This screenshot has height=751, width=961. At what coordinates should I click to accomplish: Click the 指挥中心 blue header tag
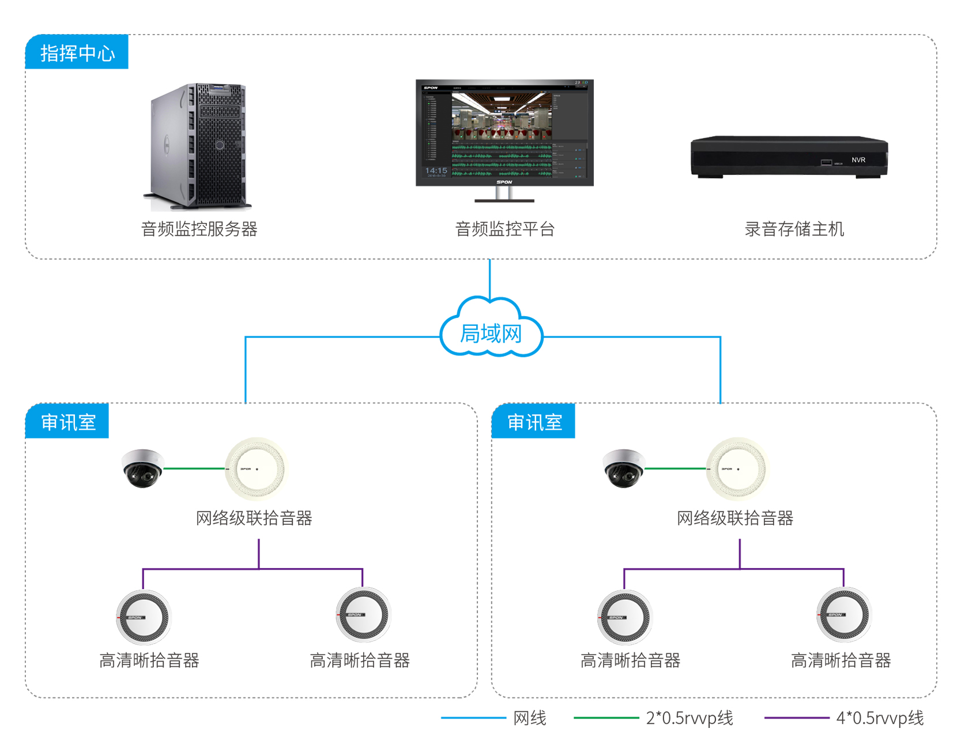coord(77,52)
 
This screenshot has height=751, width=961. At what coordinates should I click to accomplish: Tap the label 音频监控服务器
coord(199,229)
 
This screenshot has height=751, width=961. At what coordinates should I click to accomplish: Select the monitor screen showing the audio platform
coord(504,133)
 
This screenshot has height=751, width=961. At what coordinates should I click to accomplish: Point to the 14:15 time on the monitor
coord(436,171)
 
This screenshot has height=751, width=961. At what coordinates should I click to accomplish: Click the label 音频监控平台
coord(504,229)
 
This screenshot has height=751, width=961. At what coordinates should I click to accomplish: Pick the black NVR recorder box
coord(789,157)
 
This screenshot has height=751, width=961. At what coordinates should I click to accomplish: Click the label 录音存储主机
coord(794,229)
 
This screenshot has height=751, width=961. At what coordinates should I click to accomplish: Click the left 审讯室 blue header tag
coord(67,422)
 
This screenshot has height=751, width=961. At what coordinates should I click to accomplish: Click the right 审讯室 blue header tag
coord(534,422)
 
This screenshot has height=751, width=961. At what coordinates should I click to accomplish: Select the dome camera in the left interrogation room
coord(142,468)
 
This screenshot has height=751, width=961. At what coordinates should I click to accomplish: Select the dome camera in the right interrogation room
coord(623,468)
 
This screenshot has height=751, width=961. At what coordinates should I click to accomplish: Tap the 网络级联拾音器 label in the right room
coord(734,518)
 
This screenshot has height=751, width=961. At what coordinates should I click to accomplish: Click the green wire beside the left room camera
coord(194,468)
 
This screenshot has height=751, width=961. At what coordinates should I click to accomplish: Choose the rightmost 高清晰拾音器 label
coord(841,660)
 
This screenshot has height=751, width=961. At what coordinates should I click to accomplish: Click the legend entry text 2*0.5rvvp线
coord(689,718)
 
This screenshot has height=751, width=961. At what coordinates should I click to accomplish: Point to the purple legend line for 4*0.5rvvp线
coord(796,718)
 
